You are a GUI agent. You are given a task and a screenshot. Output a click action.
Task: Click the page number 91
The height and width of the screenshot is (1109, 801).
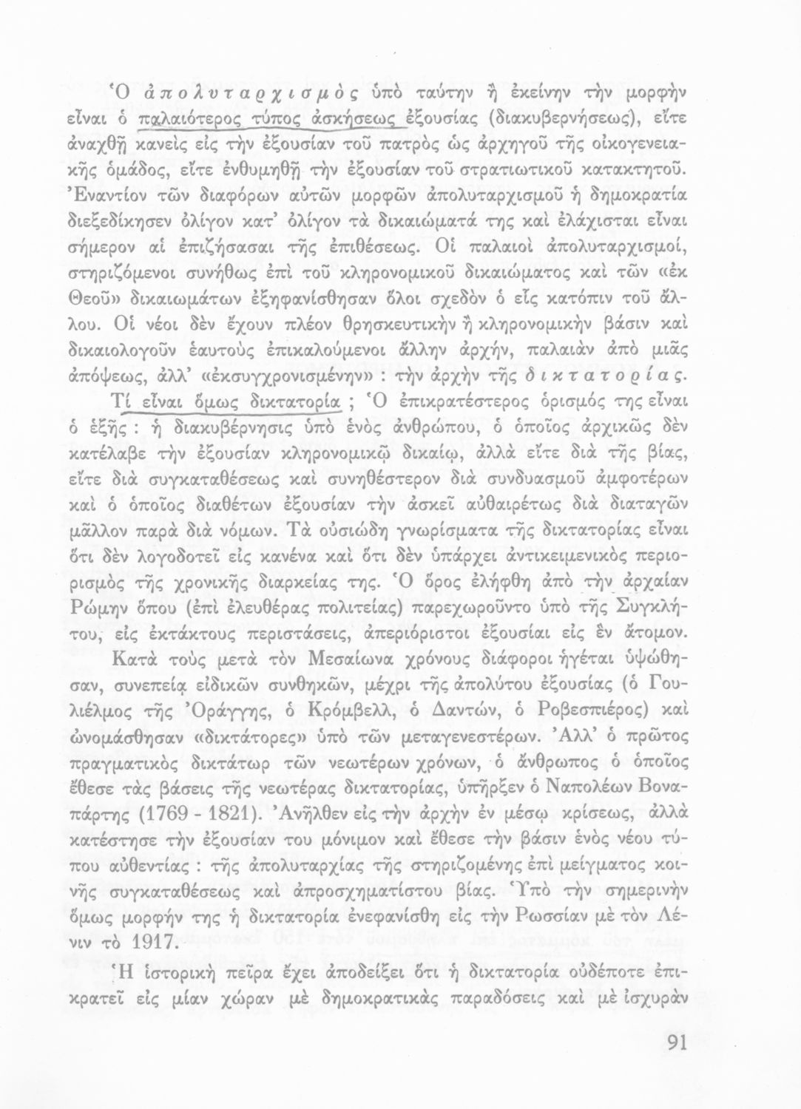[673, 1042]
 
